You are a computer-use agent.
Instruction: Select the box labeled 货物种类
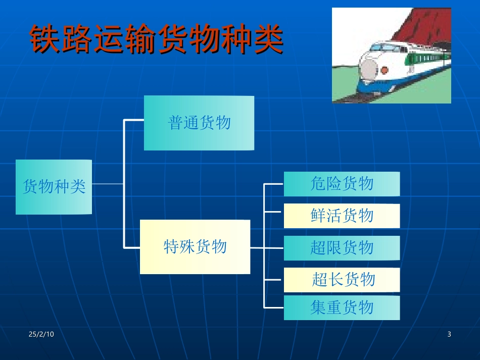(54, 187)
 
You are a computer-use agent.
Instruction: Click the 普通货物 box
(199, 123)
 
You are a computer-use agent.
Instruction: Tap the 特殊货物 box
(195, 246)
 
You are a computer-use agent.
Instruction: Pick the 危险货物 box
(342, 184)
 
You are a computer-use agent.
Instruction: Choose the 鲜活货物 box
(342, 216)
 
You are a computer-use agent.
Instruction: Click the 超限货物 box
(342, 247)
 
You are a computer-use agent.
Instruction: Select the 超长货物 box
(342, 279)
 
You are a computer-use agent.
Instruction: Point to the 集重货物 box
(342, 307)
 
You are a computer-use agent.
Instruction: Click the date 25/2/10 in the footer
(41, 335)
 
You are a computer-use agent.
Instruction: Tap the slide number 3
(449, 335)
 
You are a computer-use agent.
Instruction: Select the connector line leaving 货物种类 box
(108, 184)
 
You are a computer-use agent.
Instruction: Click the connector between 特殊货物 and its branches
(257, 248)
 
